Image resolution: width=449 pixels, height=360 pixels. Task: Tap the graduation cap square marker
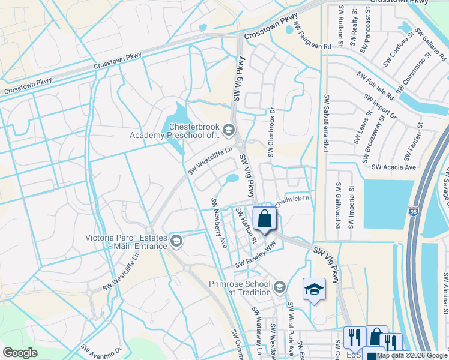(314, 289)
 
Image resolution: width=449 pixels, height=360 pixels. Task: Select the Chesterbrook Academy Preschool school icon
(228, 129)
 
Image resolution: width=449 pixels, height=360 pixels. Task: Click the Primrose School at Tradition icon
(279, 288)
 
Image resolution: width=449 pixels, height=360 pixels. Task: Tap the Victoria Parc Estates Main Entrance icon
(176, 241)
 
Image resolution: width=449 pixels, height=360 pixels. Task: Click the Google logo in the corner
(20, 353)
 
